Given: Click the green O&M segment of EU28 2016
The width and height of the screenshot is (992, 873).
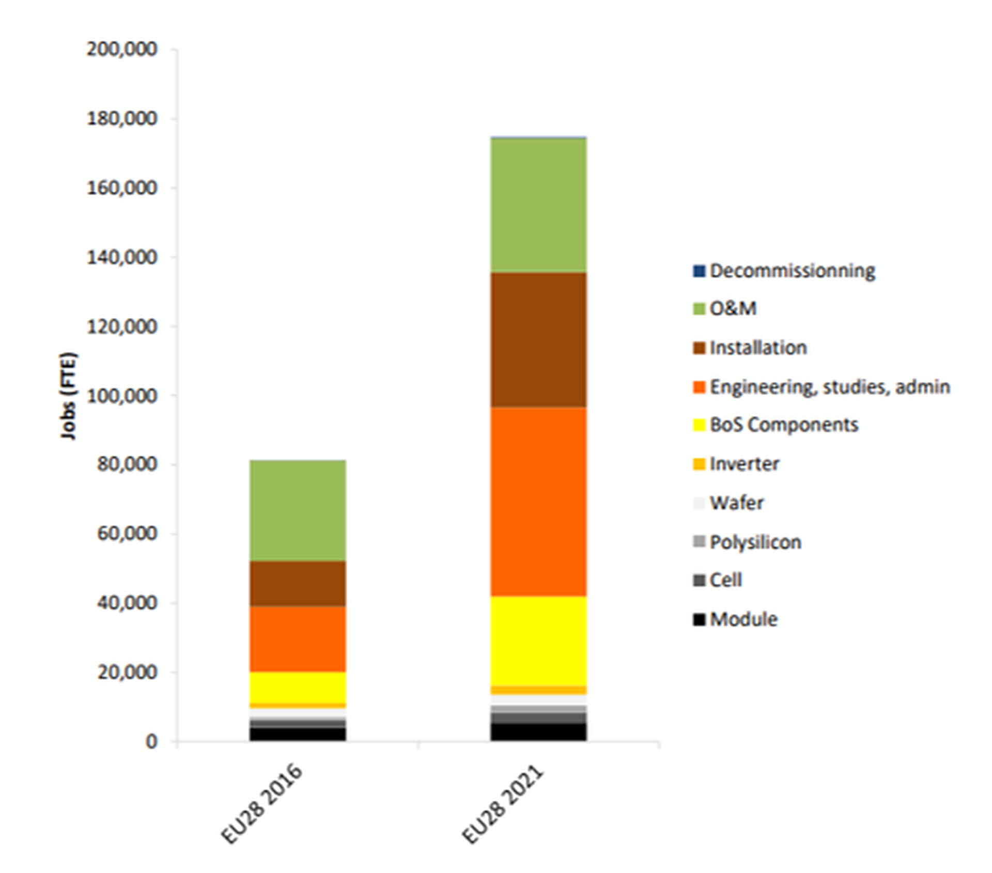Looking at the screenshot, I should click(x=298, y=510).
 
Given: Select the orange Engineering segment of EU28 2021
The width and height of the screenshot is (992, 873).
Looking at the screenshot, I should click(x=538, y=501).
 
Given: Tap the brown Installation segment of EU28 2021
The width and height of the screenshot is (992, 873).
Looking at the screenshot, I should click(x=538, y=339).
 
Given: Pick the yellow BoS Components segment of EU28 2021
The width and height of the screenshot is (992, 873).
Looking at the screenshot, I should click(x=538, y=641).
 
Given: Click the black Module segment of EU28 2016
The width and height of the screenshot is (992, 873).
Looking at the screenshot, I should click(x=298, y=734).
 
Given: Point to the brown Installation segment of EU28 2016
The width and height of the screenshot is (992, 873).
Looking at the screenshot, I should click(x=298, y=583).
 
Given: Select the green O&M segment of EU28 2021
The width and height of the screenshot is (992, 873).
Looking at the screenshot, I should click(x=538, y=205).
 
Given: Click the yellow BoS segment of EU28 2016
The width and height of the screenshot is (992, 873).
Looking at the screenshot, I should click(x=298, y=687).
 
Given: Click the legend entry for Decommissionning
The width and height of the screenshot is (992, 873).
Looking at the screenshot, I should click(x=792, y=271).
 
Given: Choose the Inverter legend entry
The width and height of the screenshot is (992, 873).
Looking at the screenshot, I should click(x=743, y=464).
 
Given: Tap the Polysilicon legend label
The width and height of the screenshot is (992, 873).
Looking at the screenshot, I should click(x=755, y=542).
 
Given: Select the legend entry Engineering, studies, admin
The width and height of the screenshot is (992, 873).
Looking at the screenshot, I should click(x=829, y=386).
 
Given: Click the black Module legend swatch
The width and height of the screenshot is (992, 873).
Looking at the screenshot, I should click(x=699, y=619).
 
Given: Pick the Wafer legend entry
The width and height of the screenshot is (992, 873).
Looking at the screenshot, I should click(x=736, y=503).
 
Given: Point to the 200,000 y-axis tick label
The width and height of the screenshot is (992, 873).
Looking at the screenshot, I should click(x=121, y=49).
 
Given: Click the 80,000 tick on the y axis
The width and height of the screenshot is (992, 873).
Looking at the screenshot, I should click(x=127, y=464).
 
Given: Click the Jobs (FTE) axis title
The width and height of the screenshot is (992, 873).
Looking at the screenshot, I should click(x=68, y=396).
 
